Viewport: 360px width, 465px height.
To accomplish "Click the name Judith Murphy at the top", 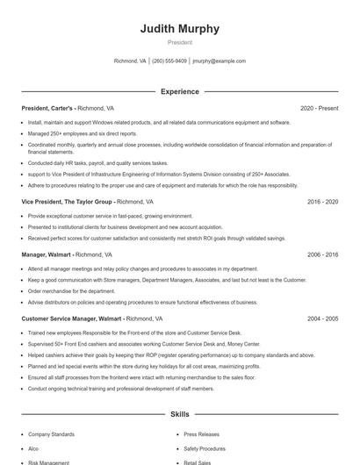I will (180, 29).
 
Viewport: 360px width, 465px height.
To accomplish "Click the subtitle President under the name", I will (180, 42).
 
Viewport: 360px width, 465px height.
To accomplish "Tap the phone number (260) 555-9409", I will (169, 61).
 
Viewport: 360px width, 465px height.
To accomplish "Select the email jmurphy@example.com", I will (219, 61).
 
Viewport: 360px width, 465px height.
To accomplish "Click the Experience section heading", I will (180, 91).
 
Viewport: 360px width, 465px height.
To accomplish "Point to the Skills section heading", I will (180, 413).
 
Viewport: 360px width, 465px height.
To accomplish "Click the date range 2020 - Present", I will (319, 108).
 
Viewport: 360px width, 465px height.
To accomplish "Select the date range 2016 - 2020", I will (322, 201).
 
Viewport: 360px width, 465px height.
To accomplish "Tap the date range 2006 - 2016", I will (322, 254).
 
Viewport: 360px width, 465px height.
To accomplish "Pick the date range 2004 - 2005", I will (322, 319).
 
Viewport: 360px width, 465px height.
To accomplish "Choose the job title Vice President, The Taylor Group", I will (68, 201).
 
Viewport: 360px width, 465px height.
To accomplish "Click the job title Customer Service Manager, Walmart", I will (72, 319).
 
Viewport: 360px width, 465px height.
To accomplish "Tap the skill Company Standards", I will (51, 433).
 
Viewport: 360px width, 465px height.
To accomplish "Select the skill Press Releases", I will (201, 433).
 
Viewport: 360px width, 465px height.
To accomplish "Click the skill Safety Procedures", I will (204, 447).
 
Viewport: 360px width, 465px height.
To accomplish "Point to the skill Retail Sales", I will (198, 461).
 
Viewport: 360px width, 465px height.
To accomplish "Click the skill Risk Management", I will (48, 461).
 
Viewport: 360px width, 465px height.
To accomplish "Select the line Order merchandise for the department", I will (71, 290).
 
